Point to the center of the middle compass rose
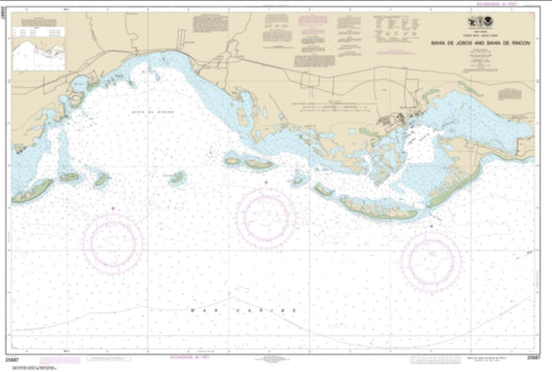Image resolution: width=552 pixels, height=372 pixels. tap(267, 217)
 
